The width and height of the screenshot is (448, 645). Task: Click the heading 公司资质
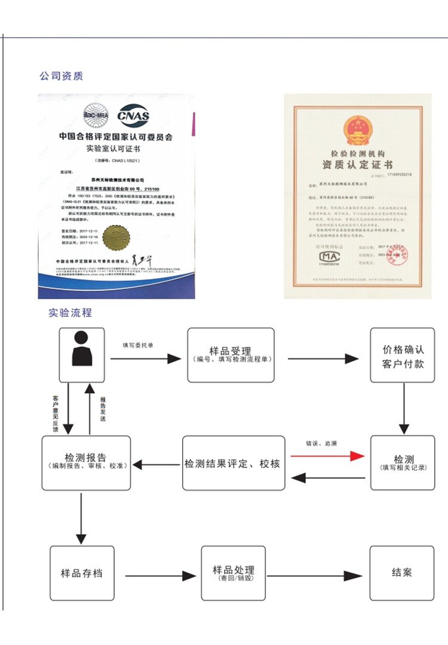[x=61, y=76]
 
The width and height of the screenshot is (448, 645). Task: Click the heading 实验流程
[x=70, y=313]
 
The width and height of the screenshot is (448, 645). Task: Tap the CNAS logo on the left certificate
[x=133, y=115]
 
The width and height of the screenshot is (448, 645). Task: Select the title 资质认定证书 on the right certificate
[x=357, y=164]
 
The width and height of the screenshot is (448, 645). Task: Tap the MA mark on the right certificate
[x=327, y=256]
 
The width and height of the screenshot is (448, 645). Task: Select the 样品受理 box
[x=231, y=355]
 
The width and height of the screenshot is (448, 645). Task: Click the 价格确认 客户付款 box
[x=403, y=355]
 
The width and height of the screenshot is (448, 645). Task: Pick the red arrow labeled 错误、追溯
[x=327, y=456]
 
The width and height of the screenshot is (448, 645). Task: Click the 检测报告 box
[x=86, y=463]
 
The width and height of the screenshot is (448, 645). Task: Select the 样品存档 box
[x=82, y=573]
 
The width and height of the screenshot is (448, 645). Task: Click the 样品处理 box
[x=233, y=573]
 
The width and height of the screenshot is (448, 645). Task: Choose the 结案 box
[x=402, y=573]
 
